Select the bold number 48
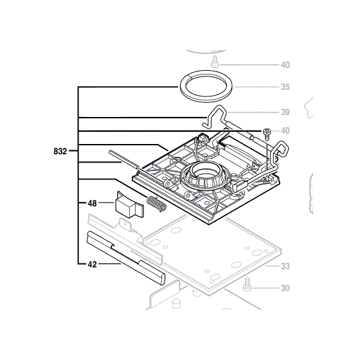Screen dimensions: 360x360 [x=92, y=203]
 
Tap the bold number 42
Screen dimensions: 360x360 [x=92, y=263]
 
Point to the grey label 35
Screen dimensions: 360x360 [x=285, y=87]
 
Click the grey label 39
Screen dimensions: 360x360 [x=285, y=111]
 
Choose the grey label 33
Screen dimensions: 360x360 [x=285, y=265]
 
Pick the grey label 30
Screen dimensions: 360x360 [x=285, y=288]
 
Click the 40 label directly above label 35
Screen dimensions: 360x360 [x=285, y=65]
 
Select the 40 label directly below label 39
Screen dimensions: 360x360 [x=285, y=131]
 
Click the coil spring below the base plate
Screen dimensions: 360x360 [x=156, y=204]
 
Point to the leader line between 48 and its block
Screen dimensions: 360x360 [x=106, y=203]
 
